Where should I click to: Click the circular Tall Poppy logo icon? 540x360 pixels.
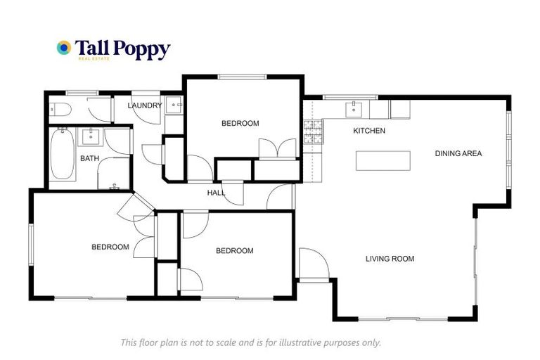(64, 48)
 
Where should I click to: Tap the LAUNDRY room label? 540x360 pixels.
(145, 106)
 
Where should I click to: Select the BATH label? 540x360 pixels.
(89, 158)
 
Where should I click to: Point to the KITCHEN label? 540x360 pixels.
(368, 131)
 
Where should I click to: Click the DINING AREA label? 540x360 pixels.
(458, 153)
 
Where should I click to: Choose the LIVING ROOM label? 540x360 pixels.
(390, 259)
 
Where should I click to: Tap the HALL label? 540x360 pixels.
(216, 193)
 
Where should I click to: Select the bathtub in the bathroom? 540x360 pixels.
(62, 155)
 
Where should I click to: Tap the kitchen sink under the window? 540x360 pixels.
(352, 109)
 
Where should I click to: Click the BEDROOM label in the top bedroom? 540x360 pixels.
(240, 124)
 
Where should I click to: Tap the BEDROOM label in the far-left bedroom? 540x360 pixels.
(110, 247)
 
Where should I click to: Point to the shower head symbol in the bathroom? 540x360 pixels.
(115, 187)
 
